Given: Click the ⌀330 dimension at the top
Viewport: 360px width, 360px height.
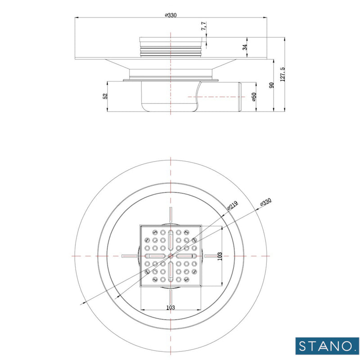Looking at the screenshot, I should tap(171, 15).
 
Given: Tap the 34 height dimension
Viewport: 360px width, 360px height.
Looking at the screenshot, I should tap(244, 47).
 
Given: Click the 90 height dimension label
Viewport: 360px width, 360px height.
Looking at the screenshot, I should tap(271, 85).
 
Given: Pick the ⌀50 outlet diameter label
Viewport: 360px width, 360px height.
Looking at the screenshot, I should tap(254, 97).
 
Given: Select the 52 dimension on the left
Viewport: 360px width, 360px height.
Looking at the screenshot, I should tap(105, 96).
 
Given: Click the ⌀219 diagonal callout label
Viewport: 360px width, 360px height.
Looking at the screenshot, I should tap(232, 205).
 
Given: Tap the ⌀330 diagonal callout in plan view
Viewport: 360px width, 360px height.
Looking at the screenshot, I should tap(266, 203).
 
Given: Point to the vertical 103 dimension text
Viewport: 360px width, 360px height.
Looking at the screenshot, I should tap(220, 256).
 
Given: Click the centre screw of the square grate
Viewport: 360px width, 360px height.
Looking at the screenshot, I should tap(171, 256).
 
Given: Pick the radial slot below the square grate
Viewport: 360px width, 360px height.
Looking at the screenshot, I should tap(171, 297).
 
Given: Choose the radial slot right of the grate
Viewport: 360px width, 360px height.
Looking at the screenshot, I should tap(211, 256).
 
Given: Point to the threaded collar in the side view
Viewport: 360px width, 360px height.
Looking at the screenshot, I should tap(171, 46).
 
